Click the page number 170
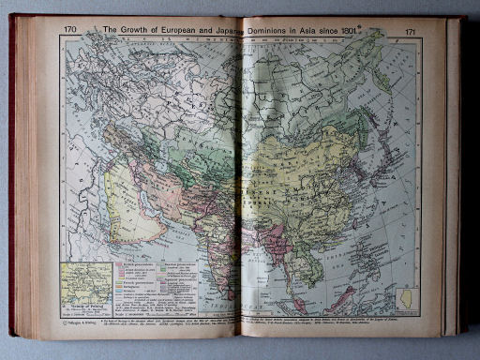70,30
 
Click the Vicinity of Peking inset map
85,285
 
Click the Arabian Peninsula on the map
131,202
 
